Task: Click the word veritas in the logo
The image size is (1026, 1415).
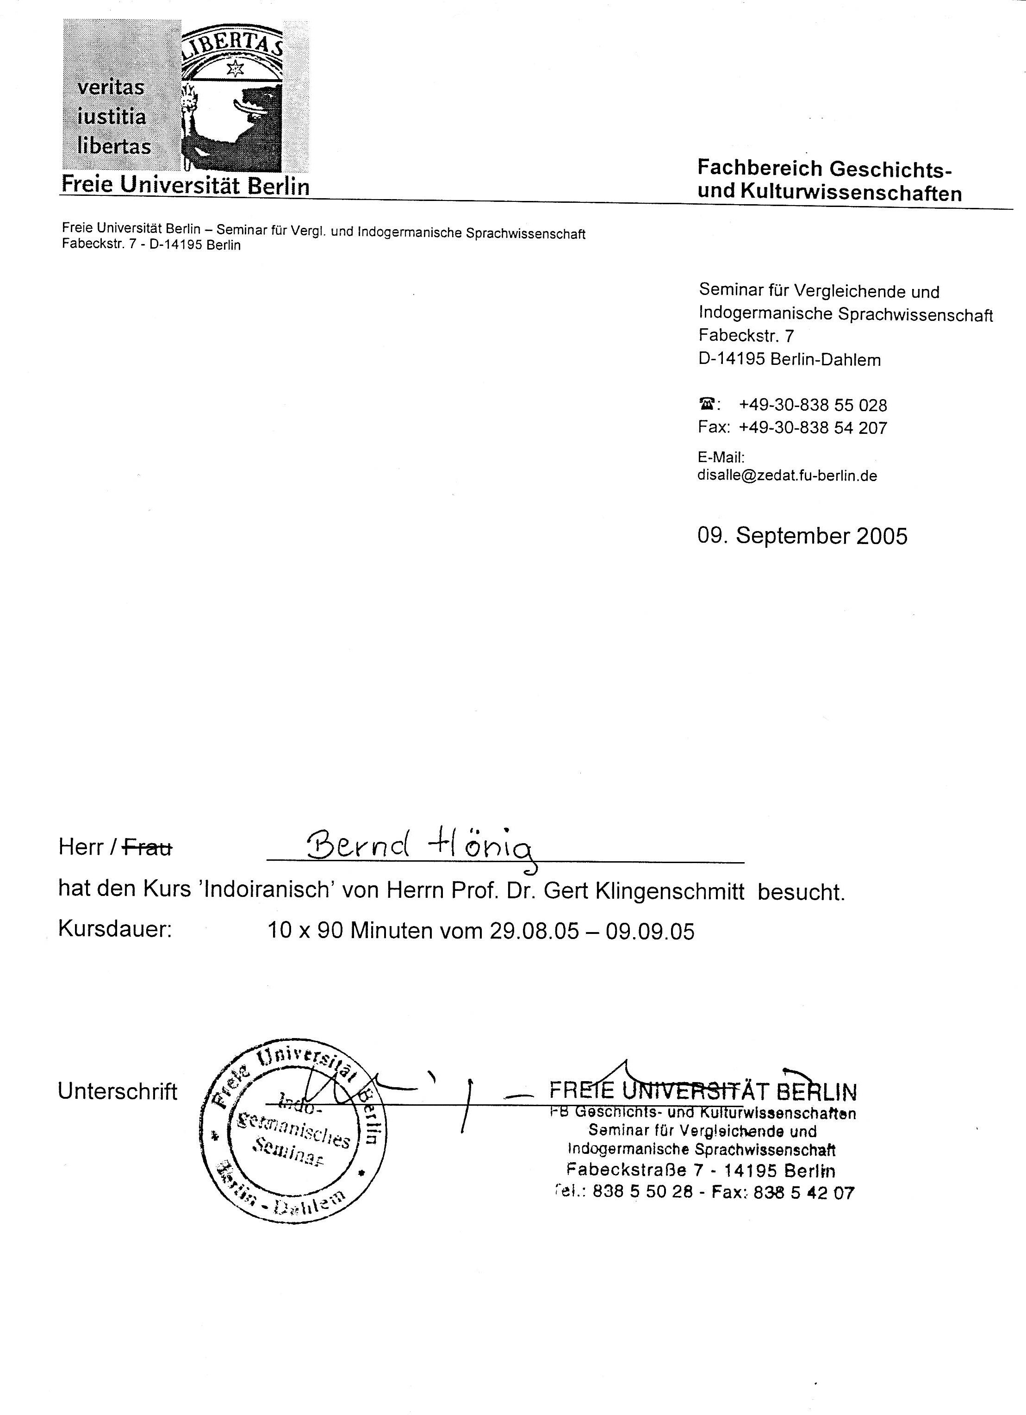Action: click(x=111, y=88)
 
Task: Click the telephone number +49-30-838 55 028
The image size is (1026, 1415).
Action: click(x=813, y=406)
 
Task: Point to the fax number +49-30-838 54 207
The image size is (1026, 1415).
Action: click(x=813, y=428)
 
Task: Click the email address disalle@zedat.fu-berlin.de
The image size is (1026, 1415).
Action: click(x=787, y=476)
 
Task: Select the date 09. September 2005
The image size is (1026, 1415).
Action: click(x=802, y=536)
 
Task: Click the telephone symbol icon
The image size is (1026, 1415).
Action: click(x=707, y=405)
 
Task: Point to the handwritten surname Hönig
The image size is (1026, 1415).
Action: click(x=480, y=849)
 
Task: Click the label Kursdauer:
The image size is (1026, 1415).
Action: click(x=115, y=930)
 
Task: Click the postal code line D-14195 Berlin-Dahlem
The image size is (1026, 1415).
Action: click(x=789, y=359)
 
